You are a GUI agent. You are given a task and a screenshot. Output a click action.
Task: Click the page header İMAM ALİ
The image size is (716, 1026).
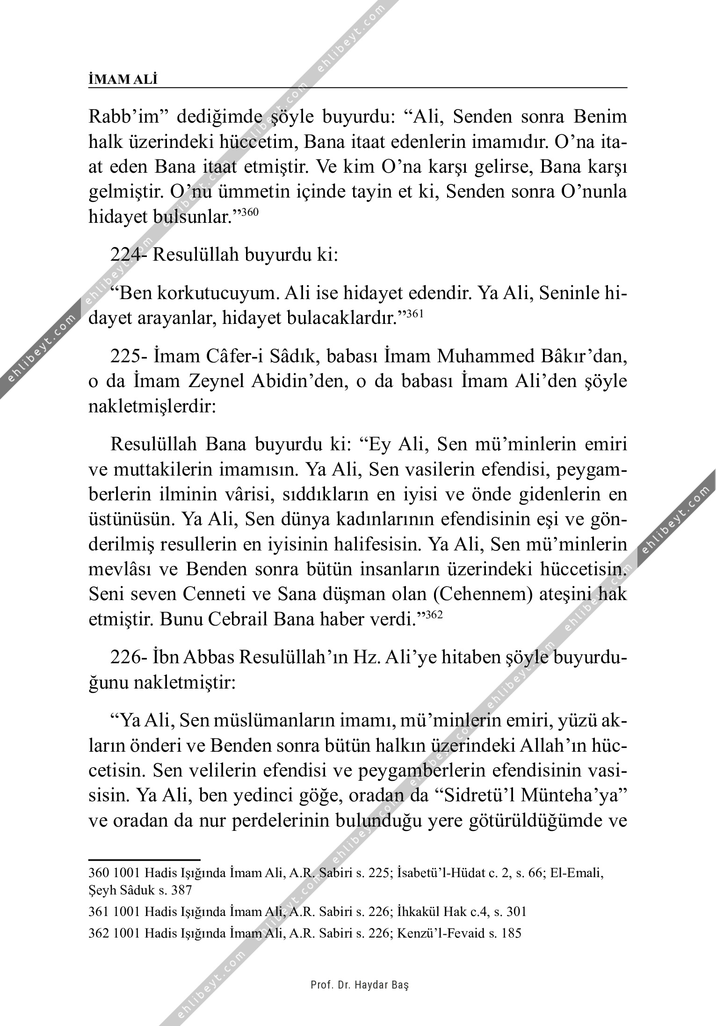pyautogui.click(x=123, y=80)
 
